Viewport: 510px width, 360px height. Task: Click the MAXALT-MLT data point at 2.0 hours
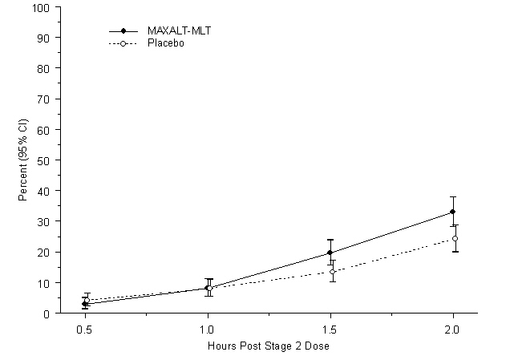(x=452, y=212)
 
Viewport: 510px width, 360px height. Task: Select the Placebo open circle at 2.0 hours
(x=455, y=238)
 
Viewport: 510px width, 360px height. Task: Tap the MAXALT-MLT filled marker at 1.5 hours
(x=330, y=253)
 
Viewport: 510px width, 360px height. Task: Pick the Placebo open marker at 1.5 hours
(x=332, y=272)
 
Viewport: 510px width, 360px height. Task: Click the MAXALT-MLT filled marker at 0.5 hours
(x=84, y=305)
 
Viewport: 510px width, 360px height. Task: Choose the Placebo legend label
(x=166, y=42)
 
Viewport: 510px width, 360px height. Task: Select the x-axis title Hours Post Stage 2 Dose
(x=269, y=345)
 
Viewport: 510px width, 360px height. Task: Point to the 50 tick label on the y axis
(x=45, y=160)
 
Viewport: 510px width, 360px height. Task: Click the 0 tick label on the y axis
(x=48, y=313)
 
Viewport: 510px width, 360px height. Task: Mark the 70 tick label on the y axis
(x=45, y=99)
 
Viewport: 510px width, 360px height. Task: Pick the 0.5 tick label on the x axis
(x=84, y=329)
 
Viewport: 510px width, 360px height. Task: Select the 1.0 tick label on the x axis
(x=208, y=329)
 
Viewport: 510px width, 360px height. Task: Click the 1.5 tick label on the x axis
(x=330, y=329)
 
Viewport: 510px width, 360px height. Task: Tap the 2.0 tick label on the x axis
(x=453, y=329)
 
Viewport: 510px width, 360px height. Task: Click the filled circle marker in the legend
(x=123, y=30)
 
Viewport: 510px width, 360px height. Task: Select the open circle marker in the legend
(x=123, y=42)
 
